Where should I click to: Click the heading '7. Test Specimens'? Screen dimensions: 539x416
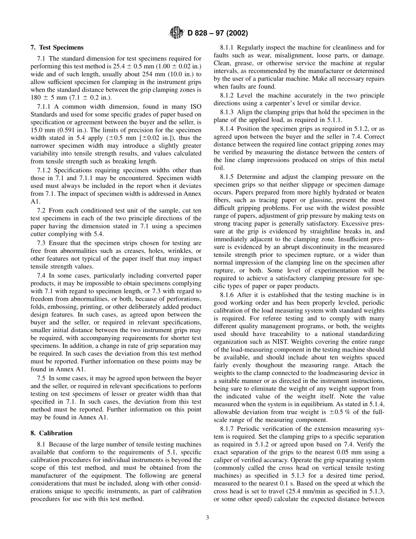coord(57,47)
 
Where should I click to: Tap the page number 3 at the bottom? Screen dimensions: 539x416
coord(208,518)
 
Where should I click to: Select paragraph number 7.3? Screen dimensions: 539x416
coord(42,243)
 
